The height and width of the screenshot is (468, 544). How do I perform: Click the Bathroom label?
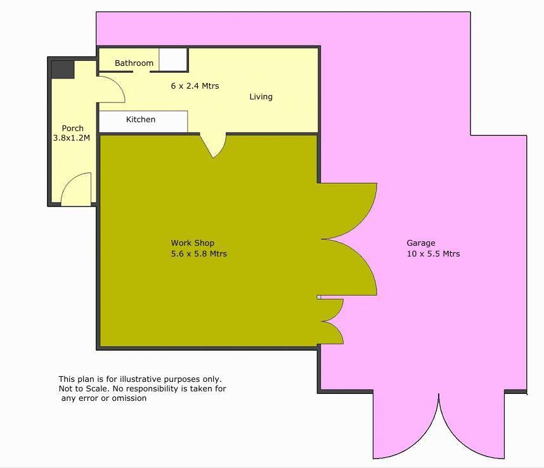(134, 63)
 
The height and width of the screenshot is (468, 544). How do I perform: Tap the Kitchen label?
(140, 120)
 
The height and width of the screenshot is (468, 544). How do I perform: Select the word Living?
(261, 97)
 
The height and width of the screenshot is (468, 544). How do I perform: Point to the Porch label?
(72, 129)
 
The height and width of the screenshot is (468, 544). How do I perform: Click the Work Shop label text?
(192, 243)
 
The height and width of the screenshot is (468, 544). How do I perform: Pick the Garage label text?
(420, 243)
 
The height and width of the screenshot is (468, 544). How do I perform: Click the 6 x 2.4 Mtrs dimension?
(195, 85)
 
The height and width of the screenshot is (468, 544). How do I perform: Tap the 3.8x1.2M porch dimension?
(72, 137)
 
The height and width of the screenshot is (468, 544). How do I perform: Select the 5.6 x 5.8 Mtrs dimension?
(198, 254)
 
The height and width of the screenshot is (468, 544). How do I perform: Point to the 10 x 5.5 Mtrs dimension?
(433, 254)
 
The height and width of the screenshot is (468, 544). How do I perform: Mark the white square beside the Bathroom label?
(172, 60)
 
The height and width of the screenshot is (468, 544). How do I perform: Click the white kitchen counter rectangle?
(143, 122)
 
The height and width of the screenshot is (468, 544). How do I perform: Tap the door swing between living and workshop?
(214, 145)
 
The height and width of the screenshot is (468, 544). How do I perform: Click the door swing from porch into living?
(111, 91)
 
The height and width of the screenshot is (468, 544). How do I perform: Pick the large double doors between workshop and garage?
(352, 239)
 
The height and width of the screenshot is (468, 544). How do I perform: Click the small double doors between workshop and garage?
(332, 321)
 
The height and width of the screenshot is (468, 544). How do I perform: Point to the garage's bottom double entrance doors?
(438, 431)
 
